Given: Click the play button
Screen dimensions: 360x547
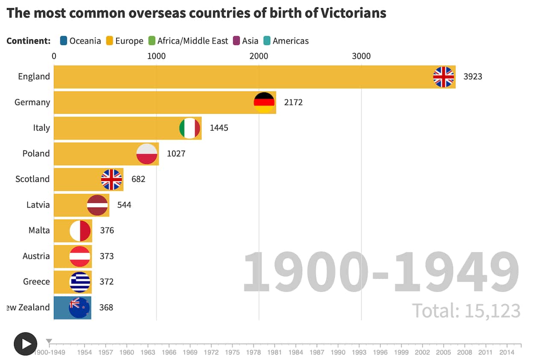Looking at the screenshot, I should (x=25, y=344).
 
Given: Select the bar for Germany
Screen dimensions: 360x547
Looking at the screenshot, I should (x=154, y=102).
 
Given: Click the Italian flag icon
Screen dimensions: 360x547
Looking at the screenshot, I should (x=190, y=128).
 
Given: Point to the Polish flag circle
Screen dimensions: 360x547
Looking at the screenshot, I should (x=147, y=154).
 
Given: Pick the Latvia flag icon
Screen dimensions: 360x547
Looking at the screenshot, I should (x=97, y=205).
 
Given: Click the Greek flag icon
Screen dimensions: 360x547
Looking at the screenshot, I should (x=80, y=282).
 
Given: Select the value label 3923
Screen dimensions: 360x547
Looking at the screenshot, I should (x=473, y=77).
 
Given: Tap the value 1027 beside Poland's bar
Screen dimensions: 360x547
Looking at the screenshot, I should (x=176, y=154).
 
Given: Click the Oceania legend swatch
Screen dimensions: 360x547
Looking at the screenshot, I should (x=64, y=41).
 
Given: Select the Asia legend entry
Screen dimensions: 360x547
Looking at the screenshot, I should (x=246, y=41).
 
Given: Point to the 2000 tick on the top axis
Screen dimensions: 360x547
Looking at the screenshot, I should (x=259, y=56).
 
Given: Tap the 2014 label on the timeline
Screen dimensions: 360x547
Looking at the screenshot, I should (x=507, y=352).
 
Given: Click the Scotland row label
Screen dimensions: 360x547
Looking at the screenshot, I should (x=32, y=179).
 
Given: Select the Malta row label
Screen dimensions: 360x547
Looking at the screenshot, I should (x=39, y=230).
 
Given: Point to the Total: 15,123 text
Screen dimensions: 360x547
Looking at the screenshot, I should (x=466, y=310).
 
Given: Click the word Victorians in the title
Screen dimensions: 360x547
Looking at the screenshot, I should (x=353, y=13).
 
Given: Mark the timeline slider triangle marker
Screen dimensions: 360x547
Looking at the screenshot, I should (x=49, y=341).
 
